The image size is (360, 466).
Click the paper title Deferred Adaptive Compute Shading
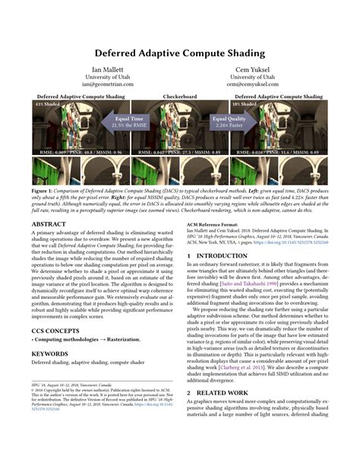(179, 55)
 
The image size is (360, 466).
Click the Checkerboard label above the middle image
(179, 97)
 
